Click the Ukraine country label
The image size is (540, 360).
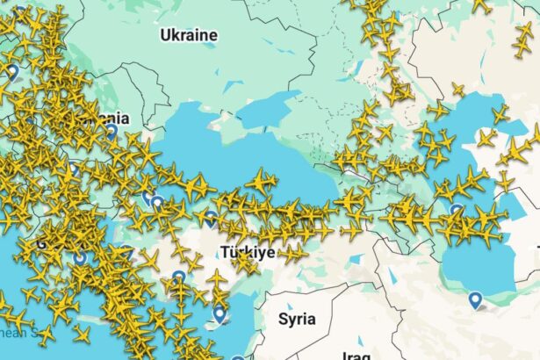pos(188,35)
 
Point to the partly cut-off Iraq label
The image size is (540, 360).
pos(357,354)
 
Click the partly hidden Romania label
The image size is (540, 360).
pos(110,118)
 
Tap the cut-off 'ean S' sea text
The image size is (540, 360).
pos(18,333)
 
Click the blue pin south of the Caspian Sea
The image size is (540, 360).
pos(475,300)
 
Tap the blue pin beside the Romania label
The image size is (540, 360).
pos(112,132)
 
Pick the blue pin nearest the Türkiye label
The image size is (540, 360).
pos(211,217)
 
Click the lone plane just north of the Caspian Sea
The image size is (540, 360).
pos(457,90)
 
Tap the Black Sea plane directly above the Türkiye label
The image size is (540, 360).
pos(261,183)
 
